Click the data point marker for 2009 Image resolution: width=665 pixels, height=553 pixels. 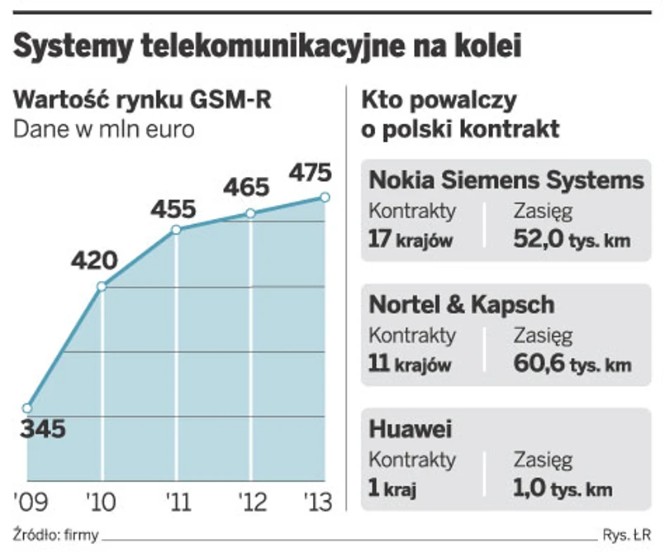[x=27, y=408]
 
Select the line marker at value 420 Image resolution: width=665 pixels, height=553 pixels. [x=102, y=287]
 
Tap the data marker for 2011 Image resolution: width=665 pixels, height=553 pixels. [x=176, y=229]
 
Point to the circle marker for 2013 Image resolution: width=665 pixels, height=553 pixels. [x=325, y=197]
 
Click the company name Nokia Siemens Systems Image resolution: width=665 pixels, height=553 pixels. [x=506, y=179]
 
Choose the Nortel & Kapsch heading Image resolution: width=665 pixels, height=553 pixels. [x=461, y=305]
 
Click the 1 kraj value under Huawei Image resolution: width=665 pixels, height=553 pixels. [x=392, y=489]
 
